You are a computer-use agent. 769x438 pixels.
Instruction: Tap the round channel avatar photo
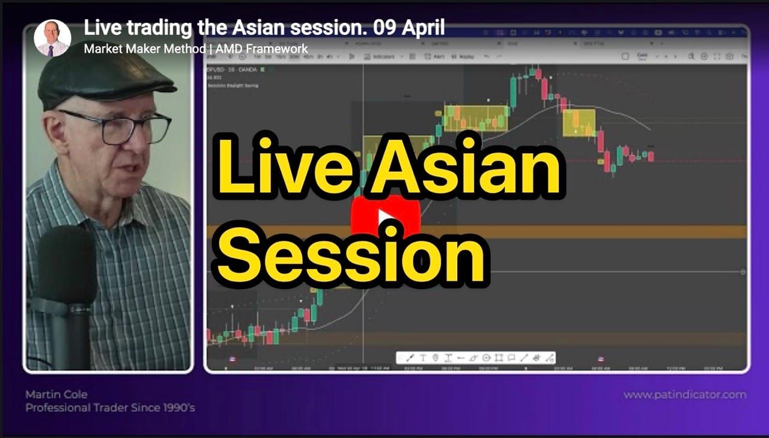52,38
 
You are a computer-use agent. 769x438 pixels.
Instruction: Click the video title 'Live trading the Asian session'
264,27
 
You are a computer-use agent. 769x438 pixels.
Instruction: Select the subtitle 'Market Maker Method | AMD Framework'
196,49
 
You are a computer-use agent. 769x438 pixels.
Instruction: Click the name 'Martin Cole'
56,395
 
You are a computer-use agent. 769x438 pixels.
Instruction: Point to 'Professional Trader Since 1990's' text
110,408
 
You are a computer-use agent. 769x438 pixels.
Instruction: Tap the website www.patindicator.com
684,395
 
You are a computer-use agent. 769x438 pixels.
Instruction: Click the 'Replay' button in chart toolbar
463,56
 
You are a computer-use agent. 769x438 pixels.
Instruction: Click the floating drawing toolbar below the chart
475,358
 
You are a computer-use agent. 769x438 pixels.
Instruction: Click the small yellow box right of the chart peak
579,123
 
